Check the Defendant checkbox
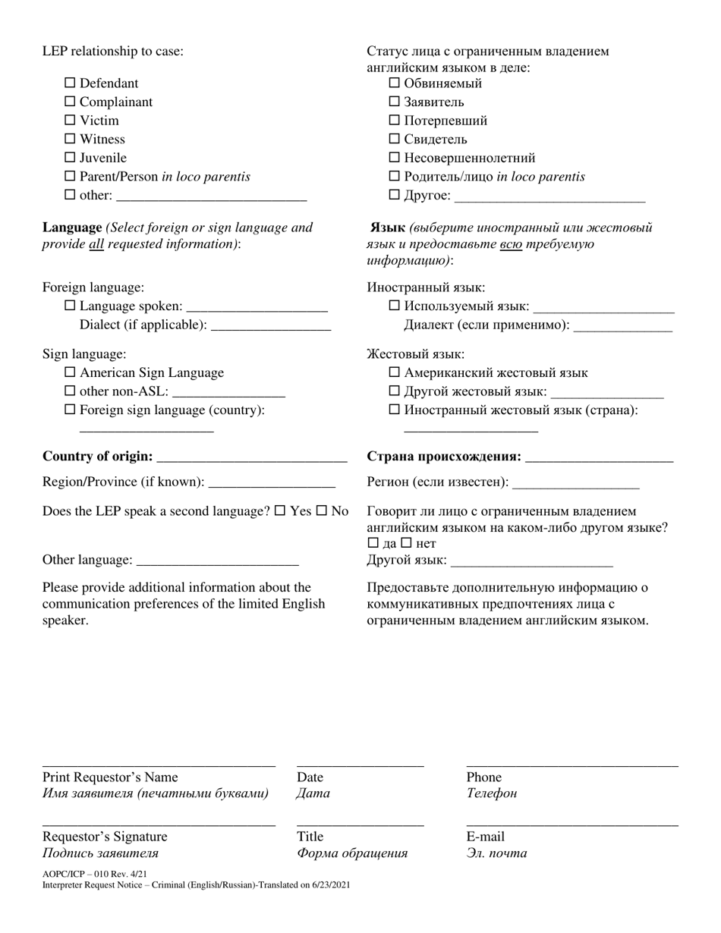71,83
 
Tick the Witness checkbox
71,139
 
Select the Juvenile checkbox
71,158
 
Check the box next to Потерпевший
395,120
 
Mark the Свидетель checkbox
395,139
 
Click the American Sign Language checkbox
71,372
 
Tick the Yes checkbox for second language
280,510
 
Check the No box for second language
321,510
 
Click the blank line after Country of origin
251,457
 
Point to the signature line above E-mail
572,824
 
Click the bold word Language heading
72,227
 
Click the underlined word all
96,244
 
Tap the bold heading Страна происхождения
444,456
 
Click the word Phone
483,777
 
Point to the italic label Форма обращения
352,853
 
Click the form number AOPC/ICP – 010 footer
95,874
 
